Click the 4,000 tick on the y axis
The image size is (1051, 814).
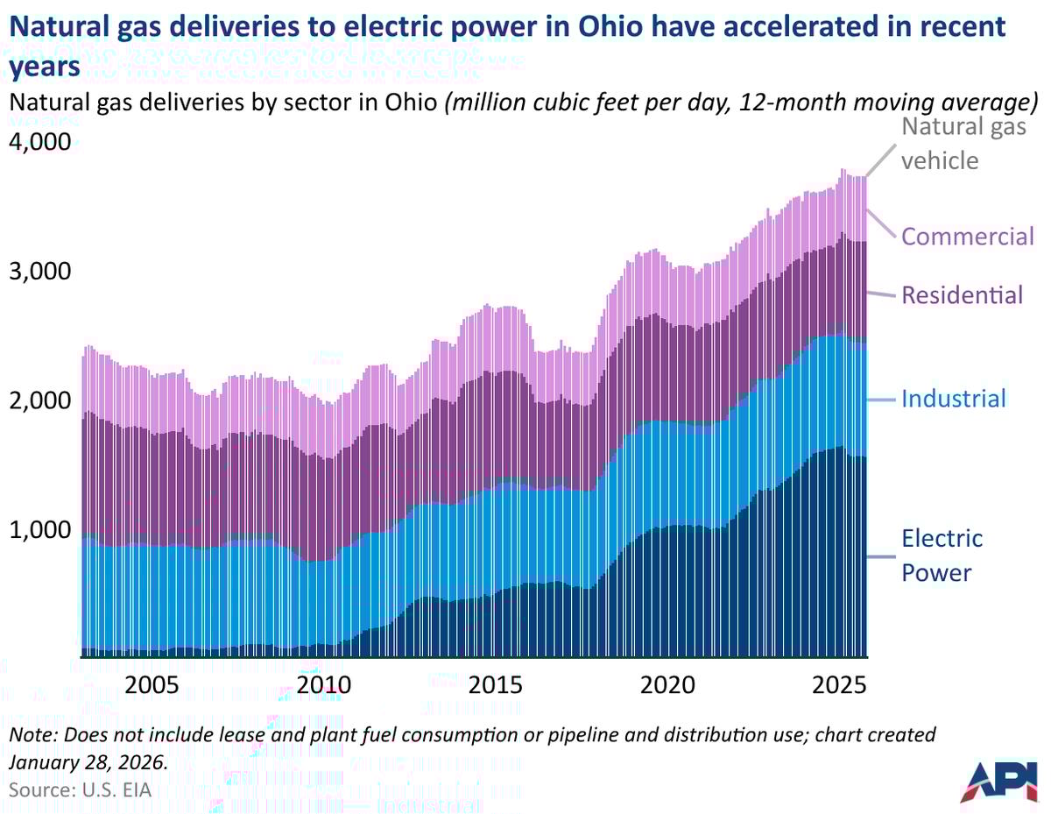tap(39, 141)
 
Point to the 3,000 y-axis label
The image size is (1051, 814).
tap(39, 271)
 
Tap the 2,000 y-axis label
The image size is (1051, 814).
tap(39, 400)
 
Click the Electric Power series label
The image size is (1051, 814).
tap(942, 555)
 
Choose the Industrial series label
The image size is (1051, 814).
tap(954, 400)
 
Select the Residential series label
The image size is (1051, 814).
tap(962, 294)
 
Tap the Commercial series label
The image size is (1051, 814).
tap(968, 237)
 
